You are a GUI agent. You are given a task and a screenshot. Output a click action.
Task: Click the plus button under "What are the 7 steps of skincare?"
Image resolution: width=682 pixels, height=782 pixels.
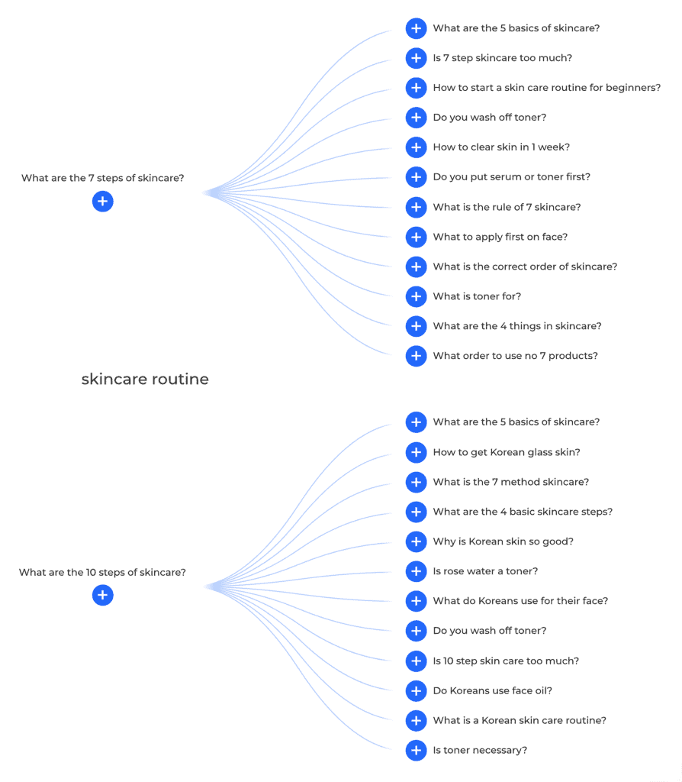pos(103,202)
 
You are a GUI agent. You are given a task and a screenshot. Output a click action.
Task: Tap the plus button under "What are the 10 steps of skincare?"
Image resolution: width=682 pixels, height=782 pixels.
pos(103,596)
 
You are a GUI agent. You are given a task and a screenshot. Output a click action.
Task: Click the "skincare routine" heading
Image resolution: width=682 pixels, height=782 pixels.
pos(145,380)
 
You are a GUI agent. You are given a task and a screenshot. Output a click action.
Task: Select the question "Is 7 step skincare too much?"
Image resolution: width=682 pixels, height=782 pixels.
pos(502,58)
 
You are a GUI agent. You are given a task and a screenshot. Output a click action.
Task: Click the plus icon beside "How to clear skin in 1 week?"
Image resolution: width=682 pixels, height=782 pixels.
pos(416,147)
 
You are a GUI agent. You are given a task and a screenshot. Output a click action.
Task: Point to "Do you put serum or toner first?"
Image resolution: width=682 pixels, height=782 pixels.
pos(511,177)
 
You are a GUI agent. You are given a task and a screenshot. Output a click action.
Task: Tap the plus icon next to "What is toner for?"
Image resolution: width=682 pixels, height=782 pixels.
pos(416,296)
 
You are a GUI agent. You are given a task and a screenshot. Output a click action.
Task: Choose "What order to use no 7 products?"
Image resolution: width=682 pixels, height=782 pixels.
pos(515,356)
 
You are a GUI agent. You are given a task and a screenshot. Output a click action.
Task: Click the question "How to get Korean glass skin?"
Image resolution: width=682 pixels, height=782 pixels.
pos(506,452)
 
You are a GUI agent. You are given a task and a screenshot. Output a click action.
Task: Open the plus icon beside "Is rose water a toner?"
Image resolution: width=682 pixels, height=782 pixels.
pos(416,571)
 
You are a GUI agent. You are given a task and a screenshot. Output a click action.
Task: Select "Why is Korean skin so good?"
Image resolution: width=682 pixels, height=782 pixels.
pos(503,541)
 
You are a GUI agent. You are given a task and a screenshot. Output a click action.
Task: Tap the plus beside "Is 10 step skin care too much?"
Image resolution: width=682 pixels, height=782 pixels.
pos(416,661)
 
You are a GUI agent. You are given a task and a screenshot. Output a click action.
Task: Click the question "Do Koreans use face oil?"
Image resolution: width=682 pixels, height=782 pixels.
pos(492,691)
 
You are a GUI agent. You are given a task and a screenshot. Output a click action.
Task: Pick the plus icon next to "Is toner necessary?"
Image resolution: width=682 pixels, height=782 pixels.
pos(416,751)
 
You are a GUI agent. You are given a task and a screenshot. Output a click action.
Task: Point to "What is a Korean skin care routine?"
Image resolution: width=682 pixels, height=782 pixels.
pos(520,721)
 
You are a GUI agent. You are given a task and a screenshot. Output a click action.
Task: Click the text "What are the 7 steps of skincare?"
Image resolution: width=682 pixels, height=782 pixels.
pos(102,179)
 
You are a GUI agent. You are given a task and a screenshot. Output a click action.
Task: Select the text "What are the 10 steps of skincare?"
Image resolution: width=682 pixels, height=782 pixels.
pos(102,573)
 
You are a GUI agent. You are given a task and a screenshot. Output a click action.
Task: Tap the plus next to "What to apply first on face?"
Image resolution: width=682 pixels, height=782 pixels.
pos(416,237)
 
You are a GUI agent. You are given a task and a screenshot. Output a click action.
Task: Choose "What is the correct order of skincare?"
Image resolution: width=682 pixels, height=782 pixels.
pos(525,267)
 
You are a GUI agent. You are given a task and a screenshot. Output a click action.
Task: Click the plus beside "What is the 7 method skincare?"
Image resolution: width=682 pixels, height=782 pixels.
pos(416,482)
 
